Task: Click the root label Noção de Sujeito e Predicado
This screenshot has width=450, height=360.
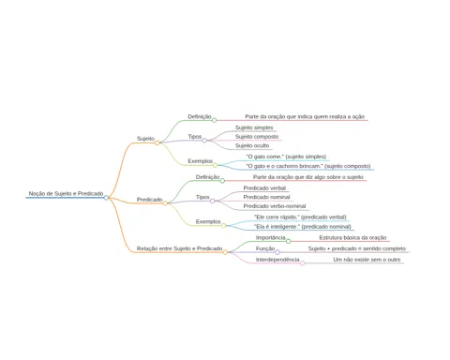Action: pos(66,194)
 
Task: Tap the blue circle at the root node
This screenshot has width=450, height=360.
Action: pos(106,198)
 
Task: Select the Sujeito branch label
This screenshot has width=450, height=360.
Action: pos(145,139)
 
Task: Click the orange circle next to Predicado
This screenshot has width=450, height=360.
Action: pos(165,203)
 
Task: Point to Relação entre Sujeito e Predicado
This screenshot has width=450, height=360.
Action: pos(180,248)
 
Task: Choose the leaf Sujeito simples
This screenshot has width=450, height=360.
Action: pos(254,127)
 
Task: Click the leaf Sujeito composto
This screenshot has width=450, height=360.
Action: pos(257,137)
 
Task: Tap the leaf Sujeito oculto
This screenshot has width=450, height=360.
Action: pos(252,145)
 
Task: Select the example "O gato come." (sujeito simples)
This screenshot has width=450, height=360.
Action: pos(286,157)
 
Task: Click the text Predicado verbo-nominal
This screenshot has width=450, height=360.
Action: pos(275,206)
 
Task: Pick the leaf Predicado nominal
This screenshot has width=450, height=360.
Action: pos(266,197)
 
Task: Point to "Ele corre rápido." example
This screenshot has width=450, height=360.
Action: pos(300,217)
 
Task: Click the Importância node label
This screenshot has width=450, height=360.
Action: pos(271,238)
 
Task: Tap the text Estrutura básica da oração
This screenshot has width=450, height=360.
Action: pos(352,238)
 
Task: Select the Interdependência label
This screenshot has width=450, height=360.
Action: pos(277,260)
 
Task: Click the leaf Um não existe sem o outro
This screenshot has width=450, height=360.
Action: pos(367,260)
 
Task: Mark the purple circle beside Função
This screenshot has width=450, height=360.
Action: pos(277,252)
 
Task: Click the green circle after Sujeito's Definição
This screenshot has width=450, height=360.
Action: pos(215,120)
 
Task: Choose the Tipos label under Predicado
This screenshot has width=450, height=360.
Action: pos(202,197)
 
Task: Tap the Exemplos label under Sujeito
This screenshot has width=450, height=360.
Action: pos(201,161)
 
